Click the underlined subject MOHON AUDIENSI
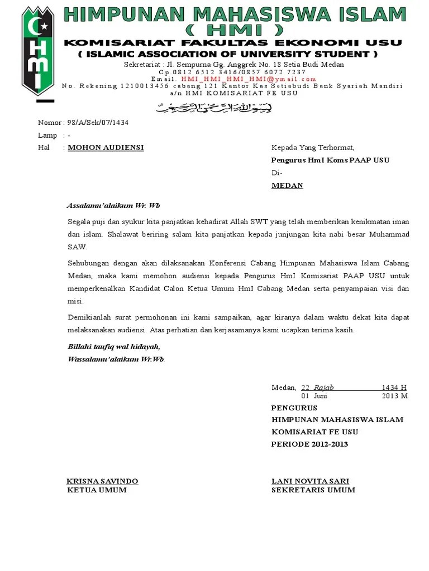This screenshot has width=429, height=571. pos(106,147)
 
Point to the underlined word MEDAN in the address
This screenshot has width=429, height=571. pos(287,186)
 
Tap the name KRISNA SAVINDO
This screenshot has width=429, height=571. pos(102,481)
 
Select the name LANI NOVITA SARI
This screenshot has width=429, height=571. pos(310,481)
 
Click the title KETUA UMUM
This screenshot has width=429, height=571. pos(97,490)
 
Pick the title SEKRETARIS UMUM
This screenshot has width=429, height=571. pos(313,490)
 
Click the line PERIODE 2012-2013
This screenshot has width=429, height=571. pos(309,444)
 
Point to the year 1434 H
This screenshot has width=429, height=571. pos(394,388)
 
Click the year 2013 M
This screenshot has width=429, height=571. pos(395,396)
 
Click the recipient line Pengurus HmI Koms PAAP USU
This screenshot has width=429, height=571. pos(330,160)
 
